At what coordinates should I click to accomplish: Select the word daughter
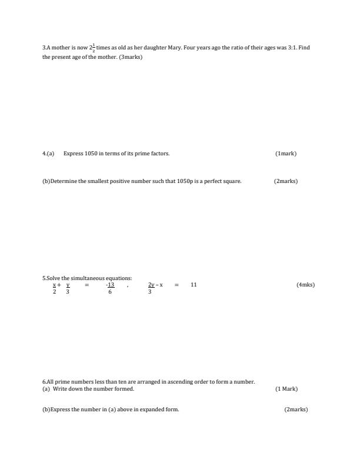155,48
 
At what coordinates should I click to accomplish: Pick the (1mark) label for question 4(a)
286,154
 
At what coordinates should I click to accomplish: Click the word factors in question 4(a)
158,154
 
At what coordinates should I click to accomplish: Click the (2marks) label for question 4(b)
286,181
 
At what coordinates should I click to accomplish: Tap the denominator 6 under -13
110,292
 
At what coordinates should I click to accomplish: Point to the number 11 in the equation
194,285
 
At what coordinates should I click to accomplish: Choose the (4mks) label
305,285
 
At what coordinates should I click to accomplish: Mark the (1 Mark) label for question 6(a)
286,389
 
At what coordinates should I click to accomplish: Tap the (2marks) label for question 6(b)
296,410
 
